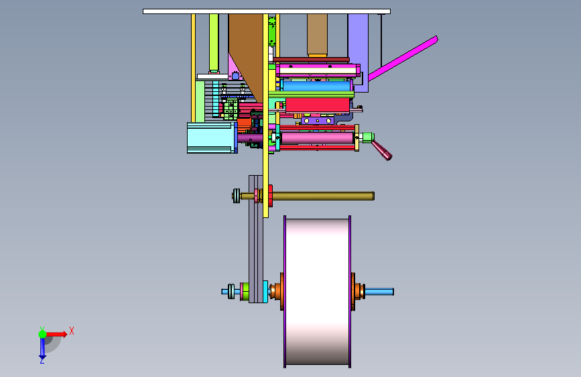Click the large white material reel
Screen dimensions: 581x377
tap(317, 292)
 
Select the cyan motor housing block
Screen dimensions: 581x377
tap(211, 138)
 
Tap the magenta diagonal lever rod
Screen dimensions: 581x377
tap(403, 58)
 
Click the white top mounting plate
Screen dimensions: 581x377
tap(267, 11)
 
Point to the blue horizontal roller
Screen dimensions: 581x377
tap(316, 86)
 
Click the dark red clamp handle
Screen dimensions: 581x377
tap(382, 150)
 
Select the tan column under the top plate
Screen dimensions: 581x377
tap(317, 35)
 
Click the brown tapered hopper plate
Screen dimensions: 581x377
tap(247, 52)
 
